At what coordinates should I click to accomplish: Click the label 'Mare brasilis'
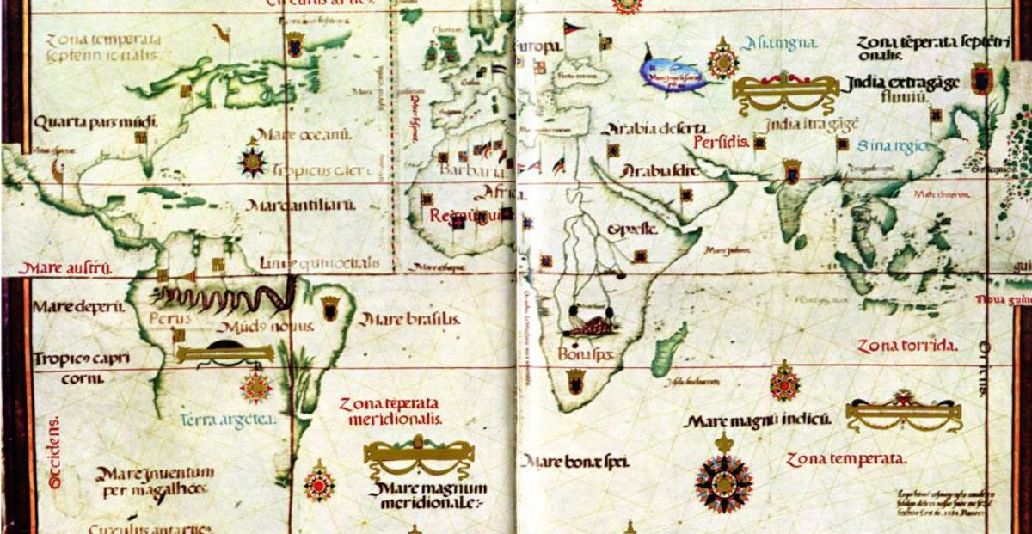coord(409,320)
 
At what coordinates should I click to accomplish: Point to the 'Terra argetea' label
coord(229,420)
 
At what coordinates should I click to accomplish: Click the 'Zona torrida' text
coord(906,346)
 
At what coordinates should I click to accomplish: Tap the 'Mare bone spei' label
coord(574,462)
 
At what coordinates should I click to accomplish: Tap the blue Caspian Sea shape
coord(674,71)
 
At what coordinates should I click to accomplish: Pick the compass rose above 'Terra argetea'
coord(256,386)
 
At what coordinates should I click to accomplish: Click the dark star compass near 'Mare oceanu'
coord(253,161)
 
